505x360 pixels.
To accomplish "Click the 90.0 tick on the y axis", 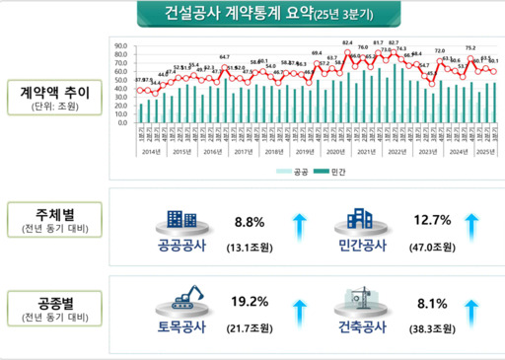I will pos(121,46).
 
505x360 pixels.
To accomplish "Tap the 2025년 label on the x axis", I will pos(485,151).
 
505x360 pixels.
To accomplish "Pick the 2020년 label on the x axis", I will pos(335,151).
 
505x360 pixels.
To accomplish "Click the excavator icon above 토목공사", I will pos(185,294).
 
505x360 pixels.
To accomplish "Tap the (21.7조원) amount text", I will pos(249,325).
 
